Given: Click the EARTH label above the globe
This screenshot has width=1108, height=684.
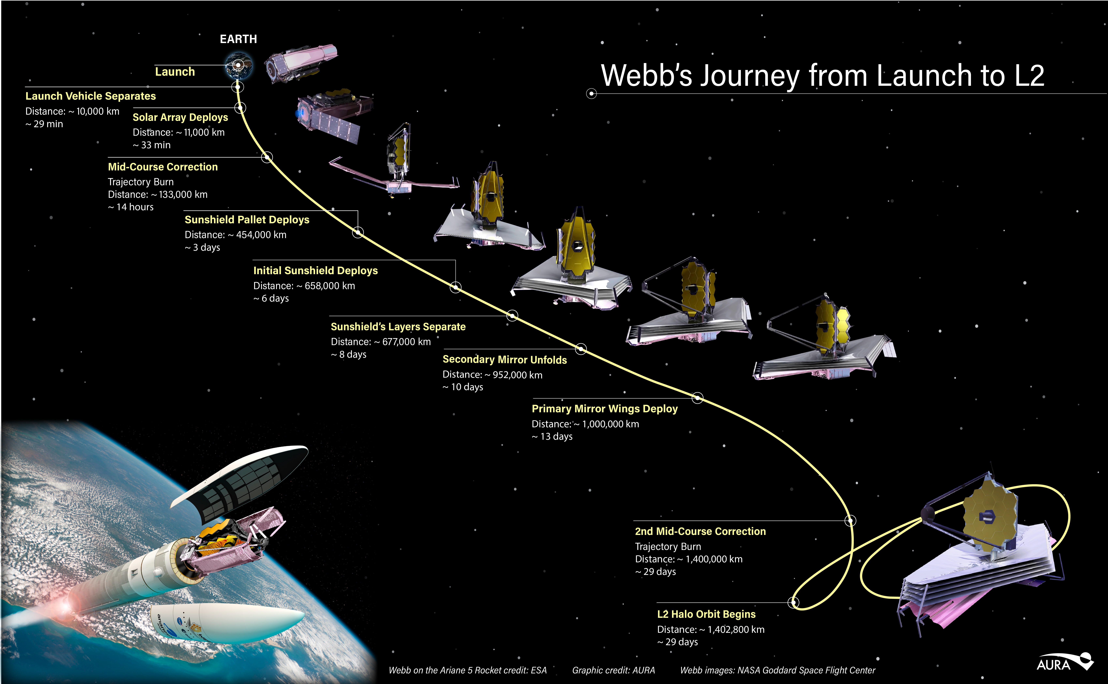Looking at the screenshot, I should pyautogui.click(x=238, y=39).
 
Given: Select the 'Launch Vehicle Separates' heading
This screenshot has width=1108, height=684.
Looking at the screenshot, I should pyautogui.click(x=90, y=96).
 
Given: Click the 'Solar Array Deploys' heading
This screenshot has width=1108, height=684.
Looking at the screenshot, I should pyautogui.click(x=180, y=117).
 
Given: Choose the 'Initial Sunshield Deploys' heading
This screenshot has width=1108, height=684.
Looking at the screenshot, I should pyautogui.click(x=315, y=271).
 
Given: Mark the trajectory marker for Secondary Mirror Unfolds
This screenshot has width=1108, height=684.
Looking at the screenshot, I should pyautogui.click(x=581, y=349).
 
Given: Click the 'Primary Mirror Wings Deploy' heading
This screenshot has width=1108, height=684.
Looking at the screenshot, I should pyautogui.click(x=604, y=409).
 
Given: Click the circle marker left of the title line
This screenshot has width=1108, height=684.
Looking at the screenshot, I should pyautogui.click(x=591, y=94).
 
